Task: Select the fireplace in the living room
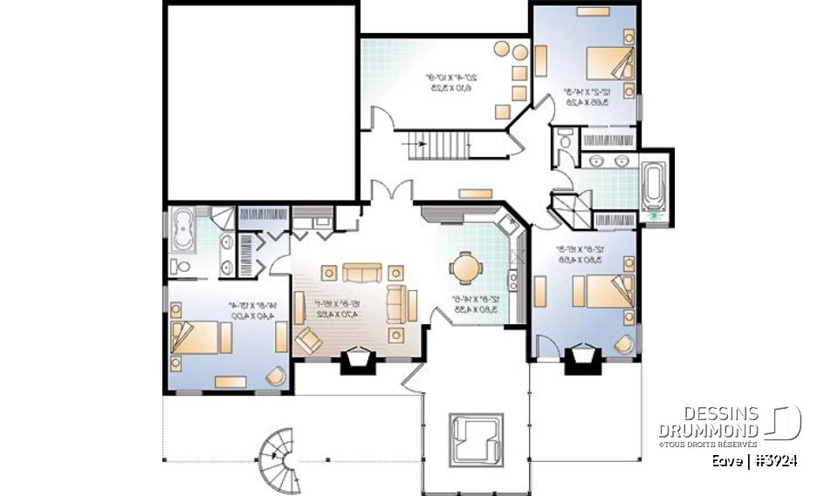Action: click(359, 360)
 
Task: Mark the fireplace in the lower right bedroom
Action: click(581, 359)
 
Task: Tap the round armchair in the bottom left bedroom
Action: click(274, 375)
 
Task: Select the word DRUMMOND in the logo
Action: click(707, 430)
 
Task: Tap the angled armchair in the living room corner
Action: click(309, 339)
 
